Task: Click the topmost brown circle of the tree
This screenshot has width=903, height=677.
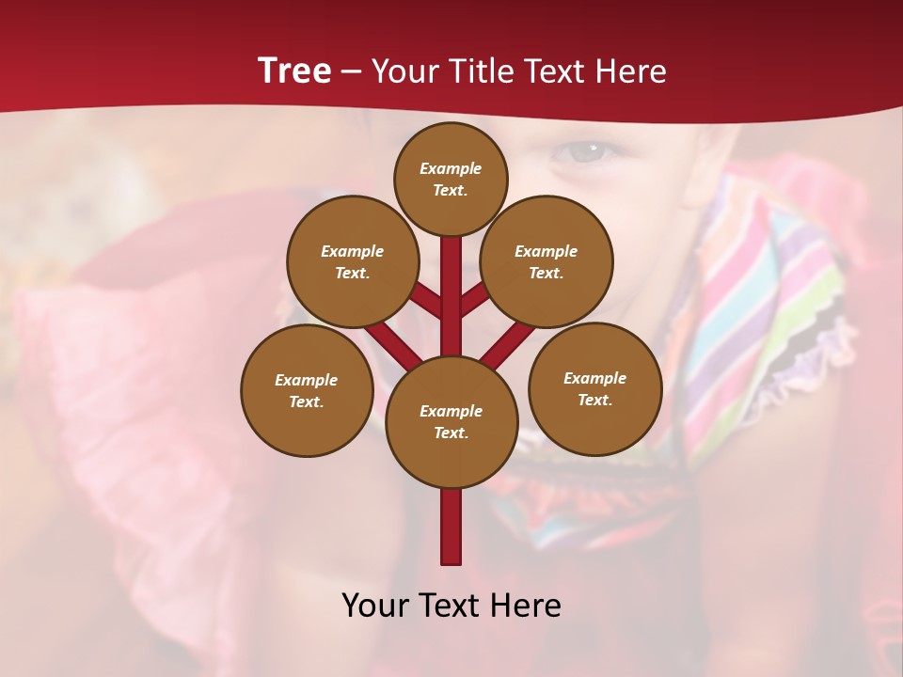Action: point(451,179)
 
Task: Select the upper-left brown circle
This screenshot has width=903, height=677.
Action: point(352,261)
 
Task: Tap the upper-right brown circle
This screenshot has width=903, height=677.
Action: point(546,261)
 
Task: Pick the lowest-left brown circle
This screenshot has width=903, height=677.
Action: point(307,390)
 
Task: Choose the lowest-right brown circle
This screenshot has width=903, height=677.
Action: point(594,388)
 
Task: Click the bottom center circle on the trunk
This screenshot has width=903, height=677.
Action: point(451,421)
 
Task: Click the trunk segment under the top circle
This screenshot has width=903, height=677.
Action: point(451,282)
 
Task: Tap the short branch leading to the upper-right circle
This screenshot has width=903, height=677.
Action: point(474,301)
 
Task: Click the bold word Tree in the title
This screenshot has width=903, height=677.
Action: point(294,71)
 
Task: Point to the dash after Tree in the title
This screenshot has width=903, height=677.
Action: point(351,71)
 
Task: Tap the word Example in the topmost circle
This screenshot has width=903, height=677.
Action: point(451,168)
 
